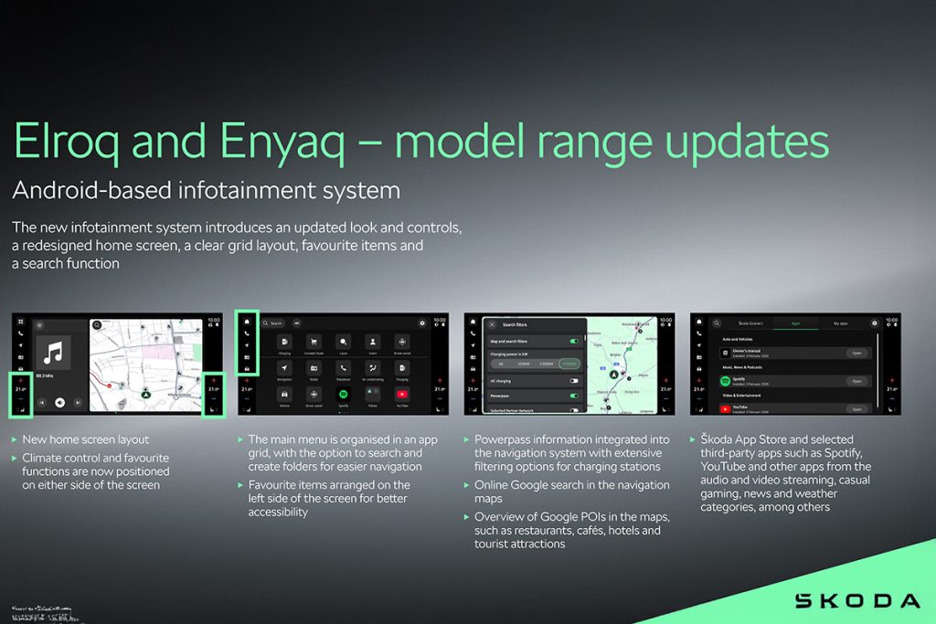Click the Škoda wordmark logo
856,600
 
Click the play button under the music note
58,402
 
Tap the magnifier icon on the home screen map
96,323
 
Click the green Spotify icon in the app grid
343,395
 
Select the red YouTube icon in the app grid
402,395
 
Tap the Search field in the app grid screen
273,323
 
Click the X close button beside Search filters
492,324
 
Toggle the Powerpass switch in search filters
574,396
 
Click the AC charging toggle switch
574,380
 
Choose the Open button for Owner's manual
856,353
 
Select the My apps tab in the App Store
839,323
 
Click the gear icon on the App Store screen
875,323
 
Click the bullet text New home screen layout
86,440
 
